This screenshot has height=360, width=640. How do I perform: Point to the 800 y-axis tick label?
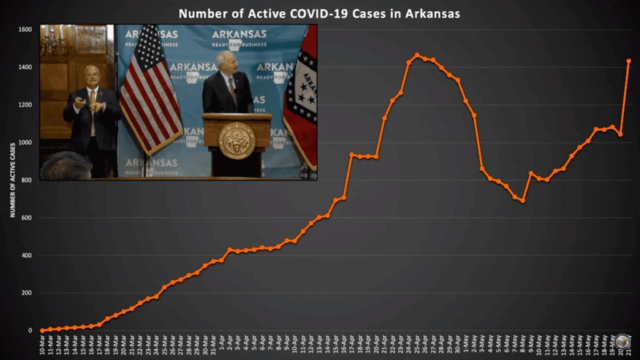[26, 180]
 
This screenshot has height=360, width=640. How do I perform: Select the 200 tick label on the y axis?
[26, 293]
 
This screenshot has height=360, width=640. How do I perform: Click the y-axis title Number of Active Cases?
[12, 180]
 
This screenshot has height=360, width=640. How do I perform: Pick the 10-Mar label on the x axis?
[42, 346]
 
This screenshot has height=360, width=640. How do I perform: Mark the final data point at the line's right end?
[629, 61]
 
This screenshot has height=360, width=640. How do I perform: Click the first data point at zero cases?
[42, 331]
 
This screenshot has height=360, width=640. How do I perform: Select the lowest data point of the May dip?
[522, 201]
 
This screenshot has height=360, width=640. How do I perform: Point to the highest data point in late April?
[417, 55]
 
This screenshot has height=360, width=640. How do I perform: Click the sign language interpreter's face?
[92, 76]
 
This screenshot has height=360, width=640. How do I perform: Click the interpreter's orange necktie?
[92, 103]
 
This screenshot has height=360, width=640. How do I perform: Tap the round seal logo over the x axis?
[621, 341]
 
